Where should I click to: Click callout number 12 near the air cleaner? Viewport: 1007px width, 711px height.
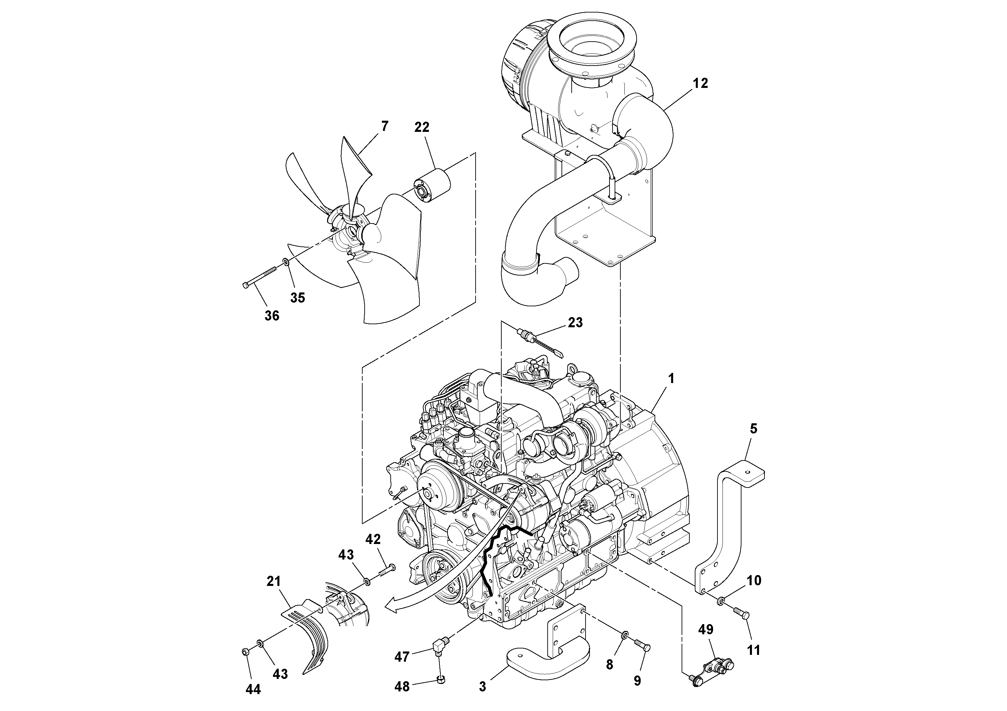pyautogui.click(x=701, y=83)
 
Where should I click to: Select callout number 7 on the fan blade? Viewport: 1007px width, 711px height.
pyautogui.click(x=385, y=126)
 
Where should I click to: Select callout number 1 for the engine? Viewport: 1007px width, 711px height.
pyautogui.click(x=671, y=379)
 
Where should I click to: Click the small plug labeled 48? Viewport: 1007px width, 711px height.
pyautogui.click(x=442, y=680)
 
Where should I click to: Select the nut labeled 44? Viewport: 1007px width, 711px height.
pyautogui.click(x=246, y=652)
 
